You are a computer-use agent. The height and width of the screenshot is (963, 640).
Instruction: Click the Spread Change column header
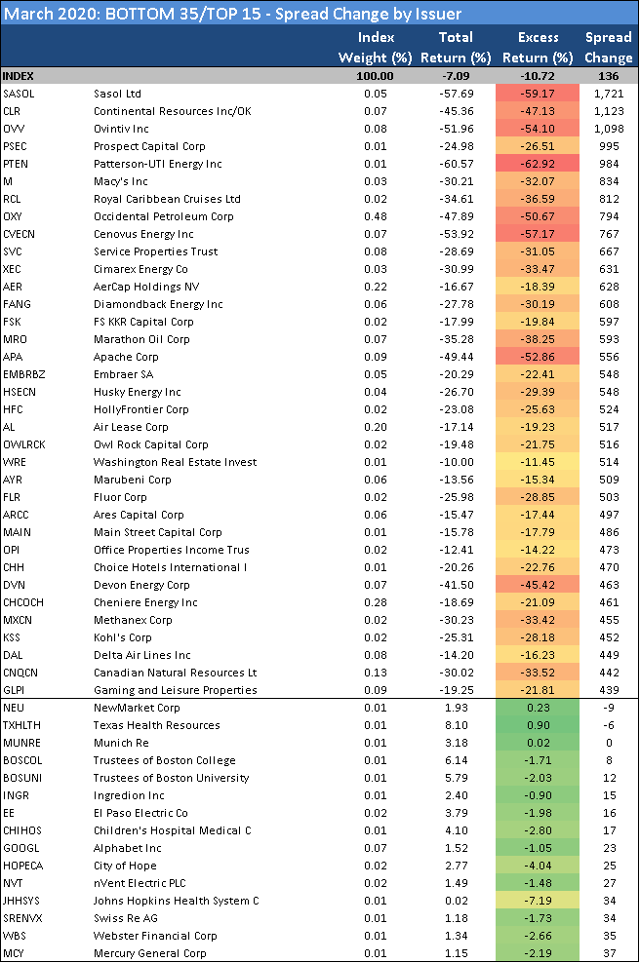coord(608,47)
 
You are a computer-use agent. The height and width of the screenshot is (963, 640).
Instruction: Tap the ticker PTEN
coord(16,164)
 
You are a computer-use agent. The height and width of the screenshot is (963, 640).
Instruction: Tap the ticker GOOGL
coord(20,848)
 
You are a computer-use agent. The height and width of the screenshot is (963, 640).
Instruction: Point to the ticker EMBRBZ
coord(23,374)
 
